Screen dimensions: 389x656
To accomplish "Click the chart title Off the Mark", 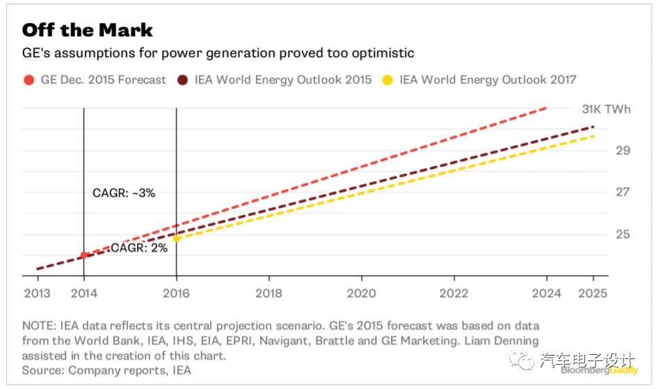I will coord(88,31).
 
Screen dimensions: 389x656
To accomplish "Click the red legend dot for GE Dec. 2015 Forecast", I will coord(29,79).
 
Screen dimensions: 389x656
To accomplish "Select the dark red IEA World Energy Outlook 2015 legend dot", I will coord(184,79).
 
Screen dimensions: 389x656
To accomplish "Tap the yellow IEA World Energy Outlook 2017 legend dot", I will coord(388,79).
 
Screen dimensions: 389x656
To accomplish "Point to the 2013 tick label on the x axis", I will coord(37,293).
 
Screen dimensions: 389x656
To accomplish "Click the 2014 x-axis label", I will coord(83,293).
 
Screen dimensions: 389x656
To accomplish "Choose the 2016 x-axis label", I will coord(176,293).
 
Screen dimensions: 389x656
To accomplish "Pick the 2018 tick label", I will coord(269,293).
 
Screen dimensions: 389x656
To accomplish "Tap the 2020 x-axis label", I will coord(361,293).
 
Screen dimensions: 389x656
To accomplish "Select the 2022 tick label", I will coord(454,293).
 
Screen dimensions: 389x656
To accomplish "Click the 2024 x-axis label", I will coord(546,293).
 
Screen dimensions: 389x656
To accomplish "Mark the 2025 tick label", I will coord(593,293).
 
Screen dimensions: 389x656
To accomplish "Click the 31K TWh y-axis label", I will coord(607,109).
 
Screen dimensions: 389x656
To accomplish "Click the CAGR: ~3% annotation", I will coord(123,193).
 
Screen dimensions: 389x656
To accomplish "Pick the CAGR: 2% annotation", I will coord(139,247).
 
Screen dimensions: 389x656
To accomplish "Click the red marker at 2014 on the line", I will coord(83,255).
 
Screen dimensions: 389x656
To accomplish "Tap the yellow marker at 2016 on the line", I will coord(177,238).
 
